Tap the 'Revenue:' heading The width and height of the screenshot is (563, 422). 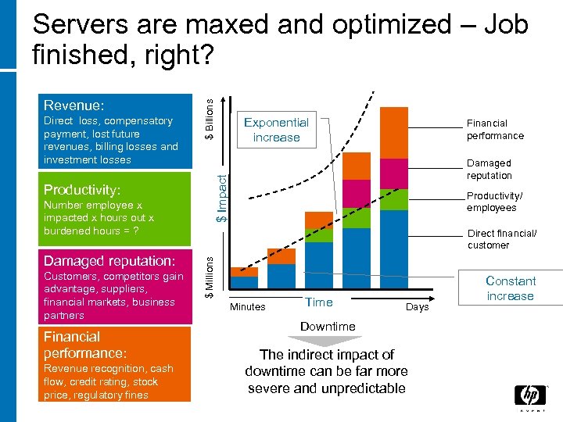pyautogui.click(x=74, y=105)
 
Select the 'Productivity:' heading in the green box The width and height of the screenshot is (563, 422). pyautogui.click(x=82, y=190)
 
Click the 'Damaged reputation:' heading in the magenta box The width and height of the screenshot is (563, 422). pyautogui.click(x=109, y=261)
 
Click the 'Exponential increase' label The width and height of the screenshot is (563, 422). pyautogui.click(x=276, y=130)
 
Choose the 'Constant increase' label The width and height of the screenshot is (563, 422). pyautogui.click(x=510, y=288)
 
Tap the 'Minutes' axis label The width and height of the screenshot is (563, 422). pyautogui.click(x=248, y=307)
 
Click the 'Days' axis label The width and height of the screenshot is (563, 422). pyautogui.click(x=417, y=307)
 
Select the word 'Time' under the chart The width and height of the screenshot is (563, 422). pyautogui.click(x=319, y=302)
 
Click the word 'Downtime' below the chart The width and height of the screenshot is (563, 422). pyautogui.click(x=328, y=326)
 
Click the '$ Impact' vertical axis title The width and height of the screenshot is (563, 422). pyautogui.click(x=222, y=198)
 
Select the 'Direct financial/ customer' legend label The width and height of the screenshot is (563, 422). pyautogui.click(x=501, y=239)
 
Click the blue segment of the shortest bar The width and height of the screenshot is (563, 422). pyautogui.click(x=245, y=282)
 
